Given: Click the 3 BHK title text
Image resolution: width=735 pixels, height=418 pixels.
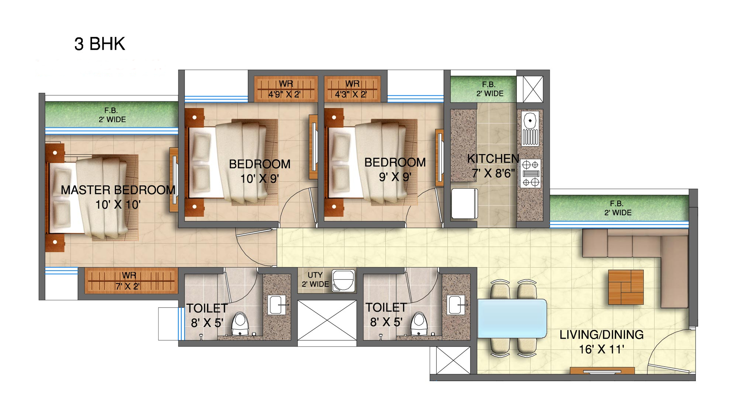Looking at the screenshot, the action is click(100, 44).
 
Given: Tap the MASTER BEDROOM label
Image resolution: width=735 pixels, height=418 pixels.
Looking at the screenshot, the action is click(118, 190).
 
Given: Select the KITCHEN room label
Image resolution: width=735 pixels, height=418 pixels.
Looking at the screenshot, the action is click(493, 159).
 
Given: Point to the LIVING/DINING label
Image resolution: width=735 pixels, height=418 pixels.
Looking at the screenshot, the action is click(601, 335).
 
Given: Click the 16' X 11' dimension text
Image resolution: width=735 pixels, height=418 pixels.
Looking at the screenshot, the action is click(601, 349).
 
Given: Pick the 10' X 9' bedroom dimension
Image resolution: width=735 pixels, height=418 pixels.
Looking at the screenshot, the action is click(260, 179).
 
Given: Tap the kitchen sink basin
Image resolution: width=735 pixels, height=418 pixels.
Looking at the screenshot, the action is click(530, 128).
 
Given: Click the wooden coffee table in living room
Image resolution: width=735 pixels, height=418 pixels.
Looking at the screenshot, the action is click(626, 287).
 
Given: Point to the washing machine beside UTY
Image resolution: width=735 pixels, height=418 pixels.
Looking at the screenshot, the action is click(343, 281).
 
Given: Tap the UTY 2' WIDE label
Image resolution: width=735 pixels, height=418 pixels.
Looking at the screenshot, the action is click(315, 279).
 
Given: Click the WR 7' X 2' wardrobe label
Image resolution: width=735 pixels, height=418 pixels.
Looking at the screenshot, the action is click(128, 281).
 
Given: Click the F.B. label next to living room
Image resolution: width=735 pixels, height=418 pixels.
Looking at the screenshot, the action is click(618, 208).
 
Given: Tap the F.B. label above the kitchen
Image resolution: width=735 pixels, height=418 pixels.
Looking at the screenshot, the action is click(490, 89).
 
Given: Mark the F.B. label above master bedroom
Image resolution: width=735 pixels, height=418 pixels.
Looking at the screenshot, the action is click(112, 115).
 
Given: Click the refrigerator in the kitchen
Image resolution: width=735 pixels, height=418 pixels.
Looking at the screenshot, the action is click(464, 203).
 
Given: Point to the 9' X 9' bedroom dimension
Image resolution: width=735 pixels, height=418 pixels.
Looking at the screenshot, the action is click(395, 177).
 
